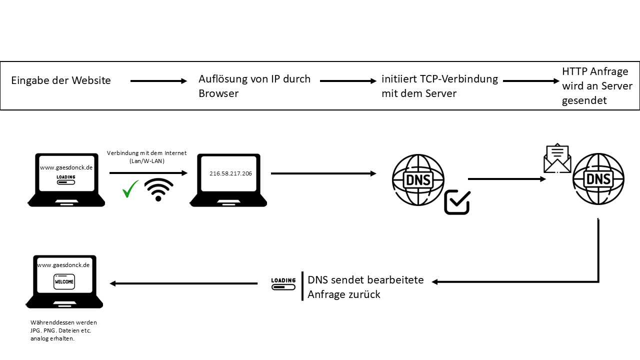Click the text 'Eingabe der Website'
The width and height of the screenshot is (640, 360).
pyautogui.click(x=61, y=80)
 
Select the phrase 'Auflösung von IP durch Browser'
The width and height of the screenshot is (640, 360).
pyautogui.click(x=254, y=86)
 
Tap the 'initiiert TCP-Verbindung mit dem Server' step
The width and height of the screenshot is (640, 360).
pyautogui.click(x=439, y=86)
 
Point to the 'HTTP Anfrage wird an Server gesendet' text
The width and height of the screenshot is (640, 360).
pyautogui.click(x=597, y=86)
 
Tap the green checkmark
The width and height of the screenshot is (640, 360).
pyautogui.click(x=130, y=188)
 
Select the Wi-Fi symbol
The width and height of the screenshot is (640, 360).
pyautogui.click(x=158, y=190)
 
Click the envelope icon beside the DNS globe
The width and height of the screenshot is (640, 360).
pyautogui.click(x=557, y=158)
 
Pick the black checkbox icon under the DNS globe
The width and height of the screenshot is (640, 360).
pyautogui.click(x=457, y=202)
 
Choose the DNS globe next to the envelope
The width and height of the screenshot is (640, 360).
pyautogui.click(x=598, y=179)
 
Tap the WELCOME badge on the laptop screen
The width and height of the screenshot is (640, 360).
pyautogui.click(x=64, y=281)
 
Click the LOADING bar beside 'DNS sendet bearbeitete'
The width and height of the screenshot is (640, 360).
pyautogui.click(x=283, y=283)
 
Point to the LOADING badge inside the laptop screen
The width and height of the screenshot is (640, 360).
pyautogui.click(x=66, y=179)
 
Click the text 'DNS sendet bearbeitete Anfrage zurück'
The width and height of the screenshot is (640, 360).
pyautogui.click(x=365, y=287)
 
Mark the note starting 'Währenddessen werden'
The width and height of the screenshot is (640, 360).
pyautogui.click(x=63, y=330)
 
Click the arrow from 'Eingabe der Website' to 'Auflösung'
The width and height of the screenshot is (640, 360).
pyautogui.click(x=158, y=81)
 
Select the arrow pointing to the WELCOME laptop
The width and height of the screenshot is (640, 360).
pyautogui.click(x=183, y=283)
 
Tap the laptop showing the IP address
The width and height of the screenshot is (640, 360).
pyautogui.click(x=228, y=180)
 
